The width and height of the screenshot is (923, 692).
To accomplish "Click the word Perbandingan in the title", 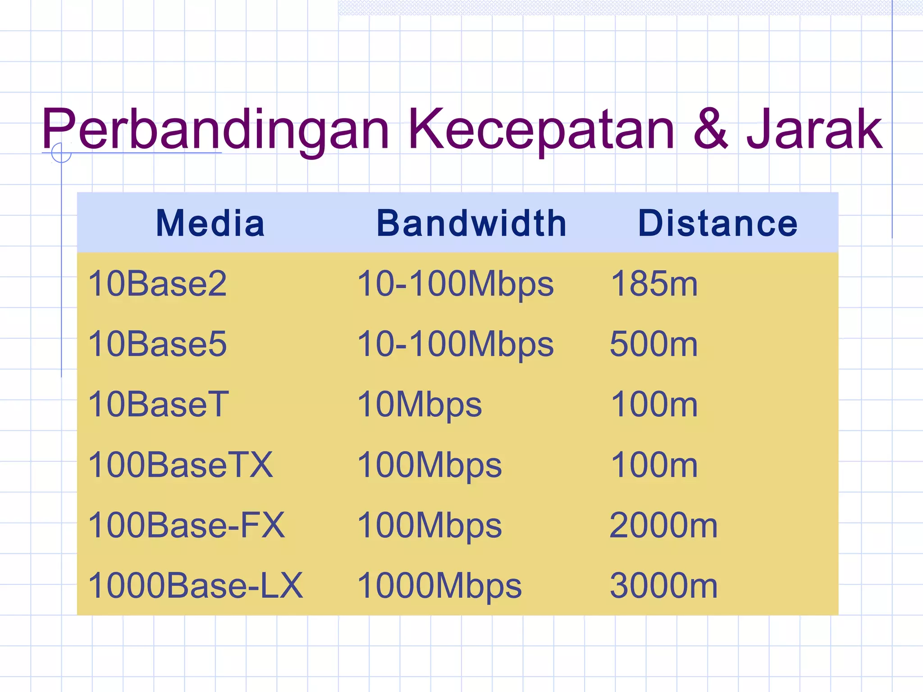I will click(x=215, y=130).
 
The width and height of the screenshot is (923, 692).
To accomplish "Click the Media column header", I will click(x=210, y=223).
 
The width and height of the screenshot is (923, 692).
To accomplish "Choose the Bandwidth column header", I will click(x=471, y=223).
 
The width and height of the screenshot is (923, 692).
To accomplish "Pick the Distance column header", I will click(x=718, y=223).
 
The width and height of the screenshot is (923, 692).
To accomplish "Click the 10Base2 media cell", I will click(x=157, y=284).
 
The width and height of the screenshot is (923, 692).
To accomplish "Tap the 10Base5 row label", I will click(x=157, y=344).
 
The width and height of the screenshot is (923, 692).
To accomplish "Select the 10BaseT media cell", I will click(x=159, y=404).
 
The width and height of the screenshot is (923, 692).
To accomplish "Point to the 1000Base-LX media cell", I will click(x=196, y=586).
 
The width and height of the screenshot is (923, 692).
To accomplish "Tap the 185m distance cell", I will click(x=654, y=284).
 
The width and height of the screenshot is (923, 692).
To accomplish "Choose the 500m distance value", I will click(x=654, y=344).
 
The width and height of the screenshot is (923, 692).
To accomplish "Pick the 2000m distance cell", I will click(x=663, y=525).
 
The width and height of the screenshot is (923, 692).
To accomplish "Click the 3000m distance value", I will click(x=663, y=586).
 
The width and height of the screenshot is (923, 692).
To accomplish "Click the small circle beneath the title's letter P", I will click(x=61, y=153).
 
